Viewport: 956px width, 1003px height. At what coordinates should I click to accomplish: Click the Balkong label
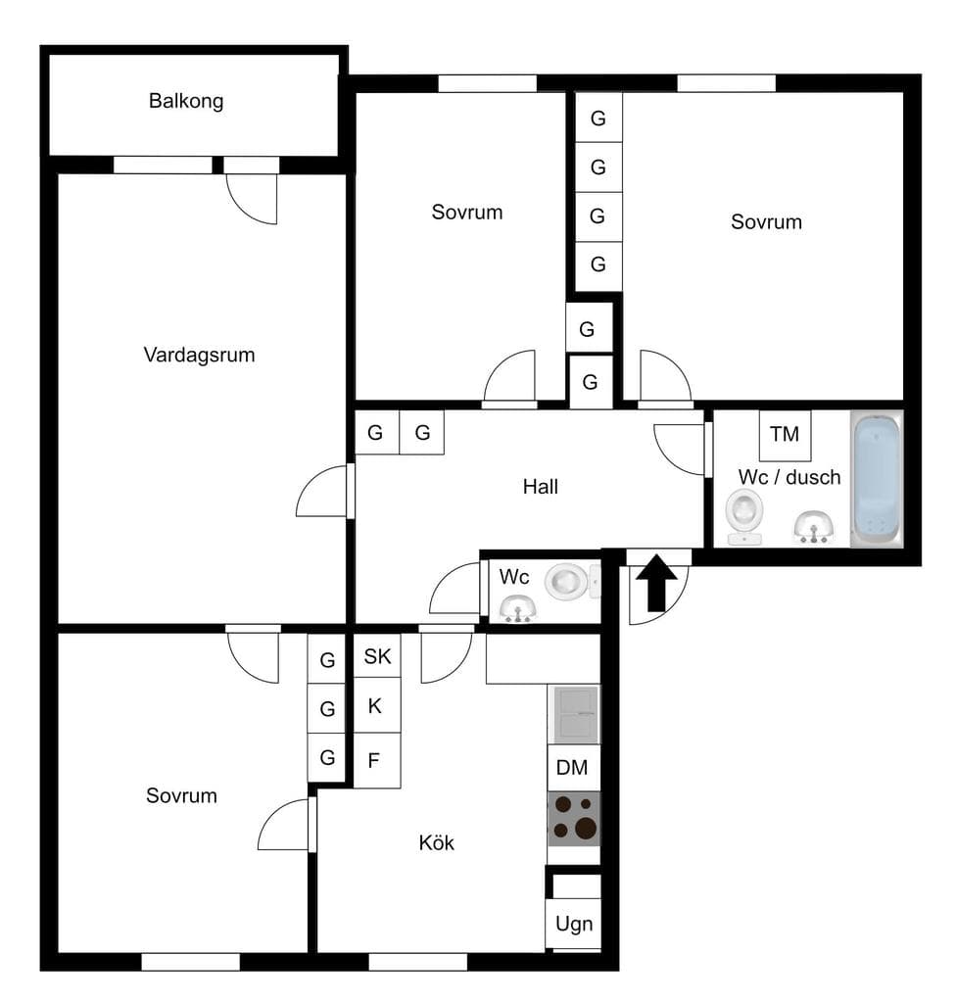click(186, 101)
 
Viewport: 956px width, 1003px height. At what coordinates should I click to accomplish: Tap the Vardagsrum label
click(199, 355)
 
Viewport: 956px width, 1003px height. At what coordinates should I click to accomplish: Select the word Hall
click(540, 487)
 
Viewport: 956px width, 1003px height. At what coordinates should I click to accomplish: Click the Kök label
click(437, 842)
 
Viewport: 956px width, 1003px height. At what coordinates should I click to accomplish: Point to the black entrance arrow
click(656, 584)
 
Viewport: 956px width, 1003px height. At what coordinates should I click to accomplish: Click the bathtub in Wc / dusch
click(877, 479)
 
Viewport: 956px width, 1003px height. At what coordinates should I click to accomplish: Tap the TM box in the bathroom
click(786, 435)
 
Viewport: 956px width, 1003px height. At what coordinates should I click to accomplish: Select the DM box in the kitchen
click(573, 767)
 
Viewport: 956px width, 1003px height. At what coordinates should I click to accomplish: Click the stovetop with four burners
click(574, 819)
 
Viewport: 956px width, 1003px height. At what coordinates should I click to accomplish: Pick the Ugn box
click(573, 924)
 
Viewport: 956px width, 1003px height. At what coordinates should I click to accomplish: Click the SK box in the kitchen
click(377, 655)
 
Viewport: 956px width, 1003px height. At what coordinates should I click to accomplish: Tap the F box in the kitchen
click(377, 760)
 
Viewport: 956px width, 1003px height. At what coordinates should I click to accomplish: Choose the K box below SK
click(377, 705)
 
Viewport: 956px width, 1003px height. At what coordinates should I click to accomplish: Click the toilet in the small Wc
click(568, 581)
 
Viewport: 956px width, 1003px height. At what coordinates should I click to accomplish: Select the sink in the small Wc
click(518, 608)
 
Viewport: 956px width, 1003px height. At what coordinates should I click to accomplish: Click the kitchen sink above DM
click(575, 714)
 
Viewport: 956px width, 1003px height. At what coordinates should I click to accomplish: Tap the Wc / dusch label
click(789, 477)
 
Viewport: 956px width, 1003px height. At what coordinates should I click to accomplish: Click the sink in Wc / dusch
click(814, 527)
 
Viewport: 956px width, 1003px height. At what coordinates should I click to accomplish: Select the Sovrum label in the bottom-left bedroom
click(182, 795)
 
